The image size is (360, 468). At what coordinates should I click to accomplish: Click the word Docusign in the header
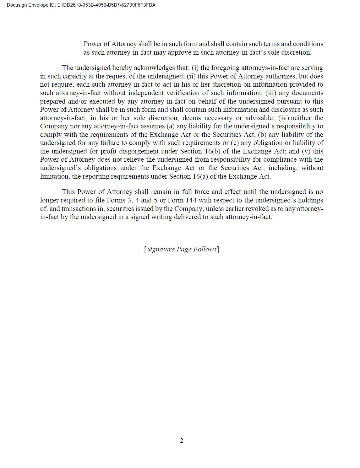pyautogui.click(x=17, y=5)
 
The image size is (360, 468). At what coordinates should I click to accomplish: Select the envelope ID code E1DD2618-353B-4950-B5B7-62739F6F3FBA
pyautogui.click(x=106, y=5)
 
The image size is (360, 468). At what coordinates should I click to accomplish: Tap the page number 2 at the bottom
pyautogui.click(x=182, y=441)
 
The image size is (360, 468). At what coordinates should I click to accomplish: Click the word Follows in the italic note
pyautogui.click(x=205, y=249)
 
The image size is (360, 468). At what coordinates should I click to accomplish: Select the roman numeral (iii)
pyautogui.click(x=271, y=93)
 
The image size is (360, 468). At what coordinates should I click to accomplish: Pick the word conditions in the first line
pyautogui.click(x=308, y=44)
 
